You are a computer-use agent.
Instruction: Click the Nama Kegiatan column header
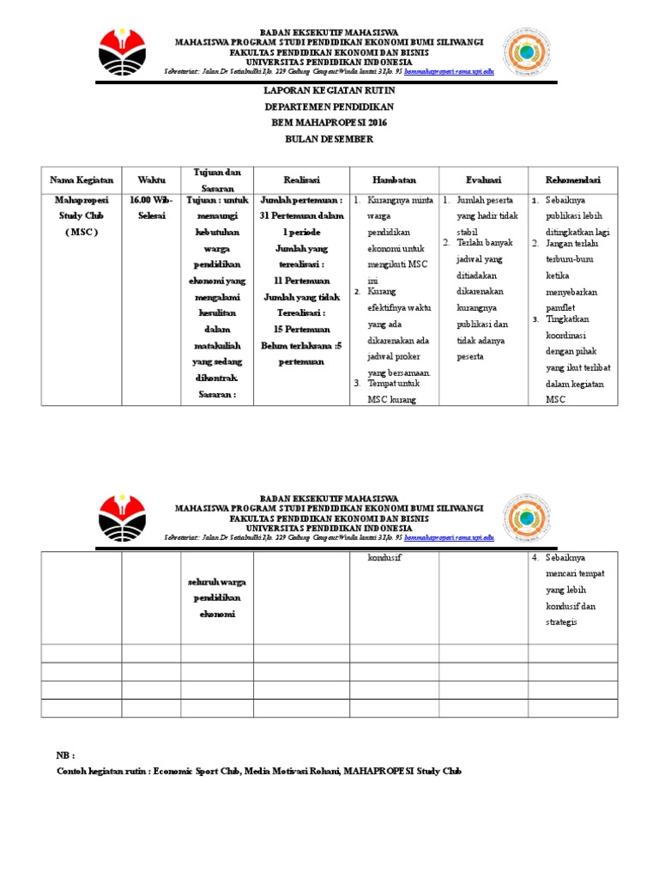coord(82,180)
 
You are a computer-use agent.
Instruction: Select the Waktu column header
coord(151,180)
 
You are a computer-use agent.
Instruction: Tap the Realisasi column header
coord(301,180)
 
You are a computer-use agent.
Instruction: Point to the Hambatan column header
coord(394,180)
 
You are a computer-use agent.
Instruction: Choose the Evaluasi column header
coord(483,180)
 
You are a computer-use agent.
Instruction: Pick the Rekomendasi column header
coord(573,180)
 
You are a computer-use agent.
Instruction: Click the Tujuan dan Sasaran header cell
coord(216,179)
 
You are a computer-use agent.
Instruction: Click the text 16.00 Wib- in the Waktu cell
coord(151,200)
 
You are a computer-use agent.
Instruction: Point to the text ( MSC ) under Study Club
coord(82,232)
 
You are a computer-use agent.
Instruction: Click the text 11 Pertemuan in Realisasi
coord(301,280)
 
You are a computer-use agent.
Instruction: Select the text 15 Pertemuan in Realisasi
coord(301,329)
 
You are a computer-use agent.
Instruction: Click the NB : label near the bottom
coord(66,755)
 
